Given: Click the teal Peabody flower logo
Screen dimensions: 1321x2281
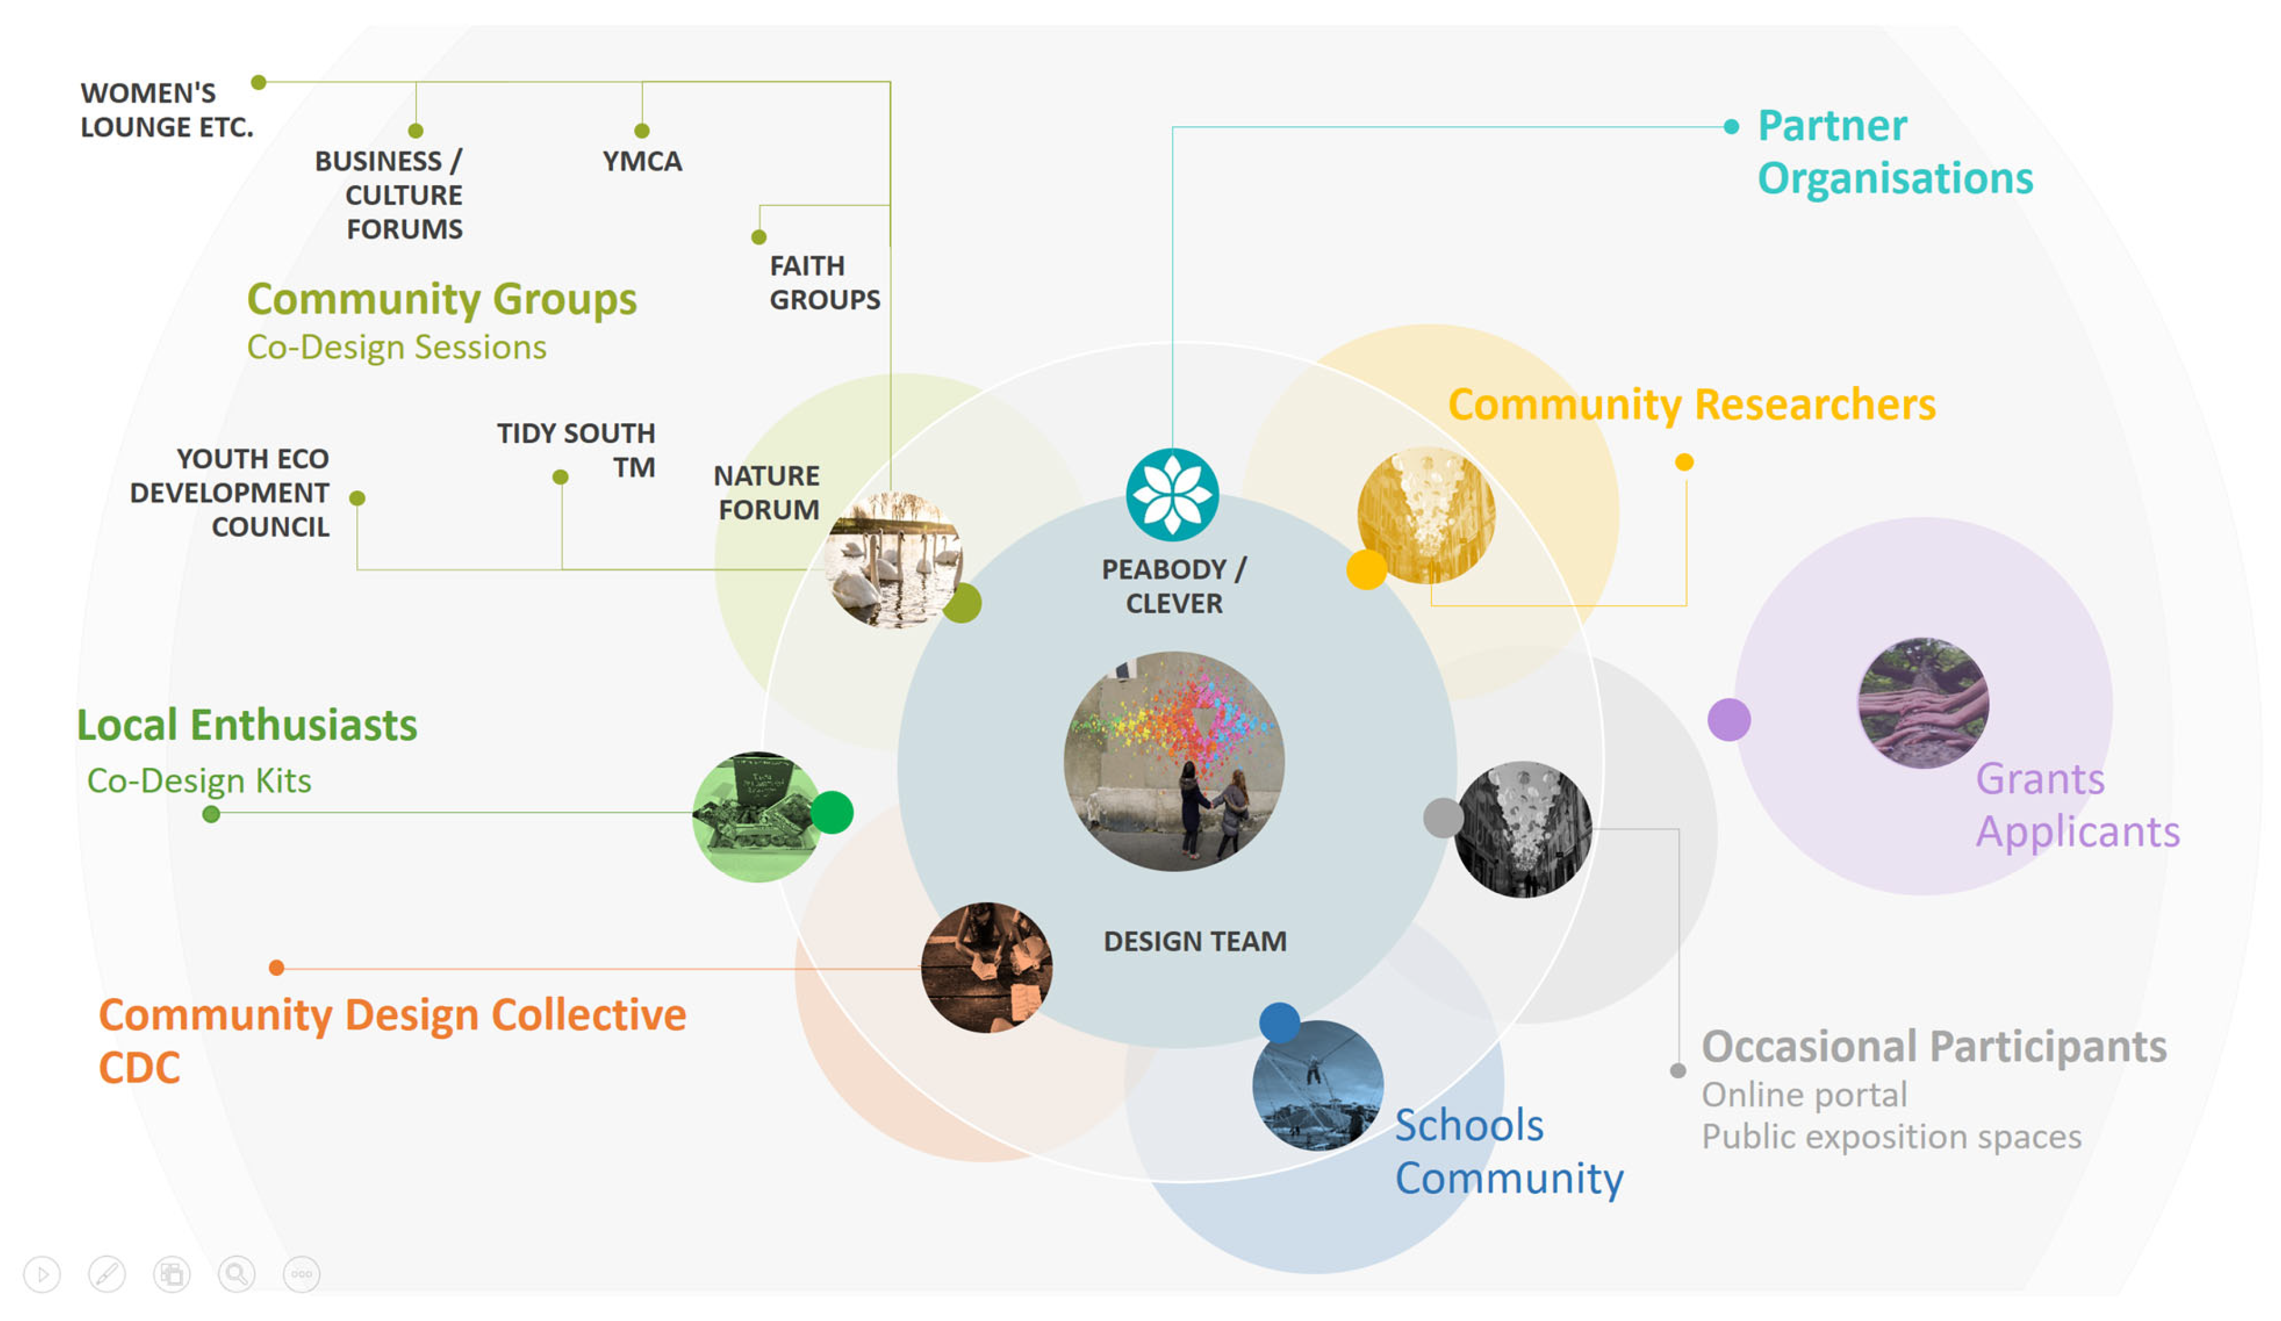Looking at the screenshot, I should coord(1172,494).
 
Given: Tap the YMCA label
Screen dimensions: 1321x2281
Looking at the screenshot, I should coord(642,161).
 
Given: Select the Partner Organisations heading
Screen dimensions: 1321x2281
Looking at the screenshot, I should coord(1895,151).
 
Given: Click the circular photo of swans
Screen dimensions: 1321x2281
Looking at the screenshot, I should coord(894,560).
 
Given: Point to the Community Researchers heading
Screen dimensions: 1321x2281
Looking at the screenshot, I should coord(1691,404).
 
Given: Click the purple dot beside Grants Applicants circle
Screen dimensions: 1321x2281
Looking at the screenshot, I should coord(1728,720).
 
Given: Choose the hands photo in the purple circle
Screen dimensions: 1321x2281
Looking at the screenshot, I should coord(1922,703).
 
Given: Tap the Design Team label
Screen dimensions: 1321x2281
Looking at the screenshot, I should coord(1195,942).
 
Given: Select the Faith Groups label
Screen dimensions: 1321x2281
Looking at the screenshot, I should coord(824,282).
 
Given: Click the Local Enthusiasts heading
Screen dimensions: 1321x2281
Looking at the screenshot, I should coord(247,725).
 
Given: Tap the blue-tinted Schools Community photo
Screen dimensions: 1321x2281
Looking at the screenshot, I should coord(1317,1084).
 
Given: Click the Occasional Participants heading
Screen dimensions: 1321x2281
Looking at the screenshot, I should coord(1933,1047).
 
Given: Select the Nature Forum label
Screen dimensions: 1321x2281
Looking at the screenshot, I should coord(767,493).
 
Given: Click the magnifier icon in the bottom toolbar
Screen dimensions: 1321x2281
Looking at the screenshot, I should coord(236,1274).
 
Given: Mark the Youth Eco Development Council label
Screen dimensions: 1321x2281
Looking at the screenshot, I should coord(230,493).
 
